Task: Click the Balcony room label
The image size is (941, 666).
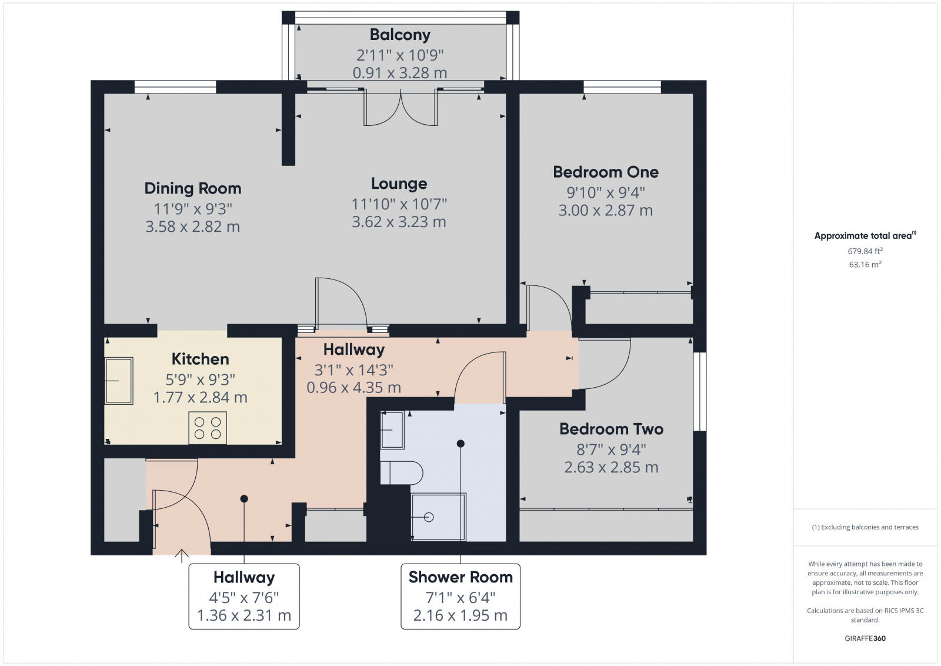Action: [400, 35]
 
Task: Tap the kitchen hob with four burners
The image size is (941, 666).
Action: [208, 428]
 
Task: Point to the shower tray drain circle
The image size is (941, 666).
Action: [429, 517]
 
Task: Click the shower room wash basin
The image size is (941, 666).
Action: [392, 429]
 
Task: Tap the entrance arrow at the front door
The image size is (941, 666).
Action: [181, 555]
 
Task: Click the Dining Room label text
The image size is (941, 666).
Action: [193, 188]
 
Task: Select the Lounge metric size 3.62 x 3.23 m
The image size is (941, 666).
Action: [399, 222]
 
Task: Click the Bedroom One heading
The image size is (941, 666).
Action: [605, 172]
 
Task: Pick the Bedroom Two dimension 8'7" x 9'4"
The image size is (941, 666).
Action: [611, 449]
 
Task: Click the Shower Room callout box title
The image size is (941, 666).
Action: [461, 577]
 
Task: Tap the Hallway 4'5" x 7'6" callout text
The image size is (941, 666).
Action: [243, 597]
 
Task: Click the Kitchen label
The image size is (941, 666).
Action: [200, 359]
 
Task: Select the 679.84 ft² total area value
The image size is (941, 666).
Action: [865, 251]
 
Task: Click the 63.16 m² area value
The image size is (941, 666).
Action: [865, 265]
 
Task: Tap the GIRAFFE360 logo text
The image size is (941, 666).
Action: [865, 638]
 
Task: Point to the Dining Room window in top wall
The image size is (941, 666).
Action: [175, 87]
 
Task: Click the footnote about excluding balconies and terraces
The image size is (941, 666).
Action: [865, 527]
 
